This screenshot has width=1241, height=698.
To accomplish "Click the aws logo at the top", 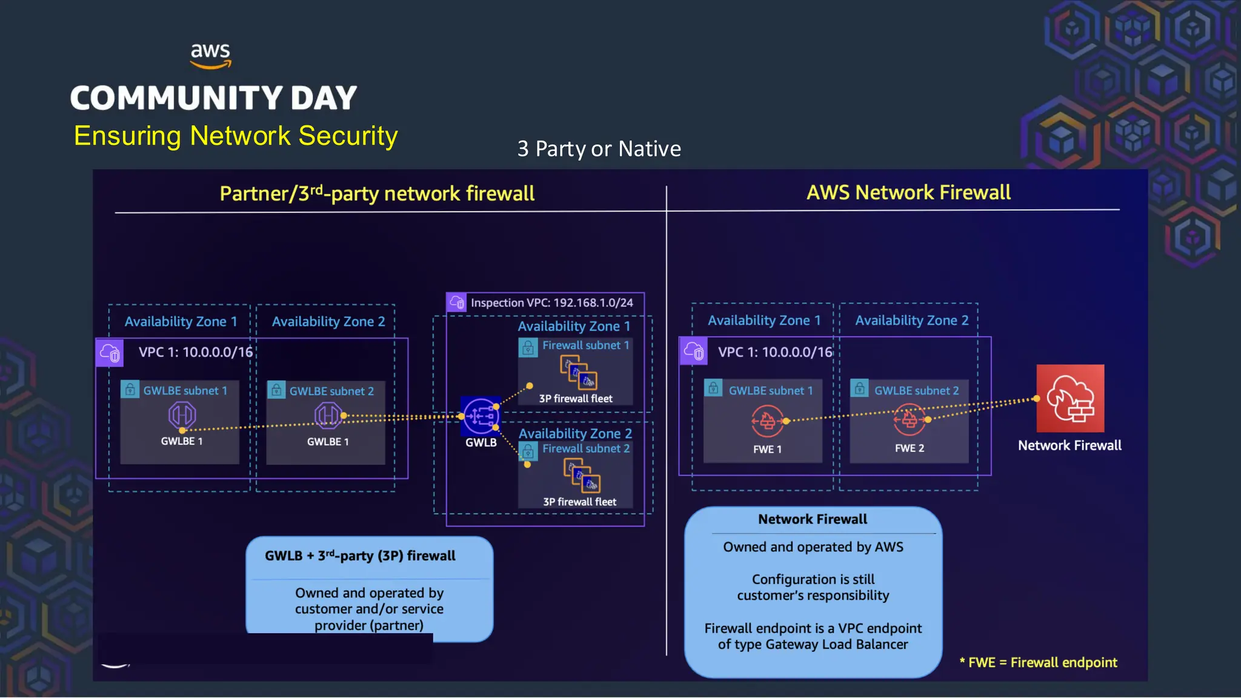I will [x=210, y=55].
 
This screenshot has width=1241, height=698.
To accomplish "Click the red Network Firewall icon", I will [x=1070, y=398].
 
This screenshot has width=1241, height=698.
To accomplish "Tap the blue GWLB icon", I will [x=481, y=416].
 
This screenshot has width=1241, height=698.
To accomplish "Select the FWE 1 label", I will [x=767, y=450].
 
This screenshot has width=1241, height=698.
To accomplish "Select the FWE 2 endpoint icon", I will [x=910, y=419].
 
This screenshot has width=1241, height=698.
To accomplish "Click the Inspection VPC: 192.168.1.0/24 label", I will [x=551, y=302].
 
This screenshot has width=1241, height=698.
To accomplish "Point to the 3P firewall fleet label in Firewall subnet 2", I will [x=579, y=502].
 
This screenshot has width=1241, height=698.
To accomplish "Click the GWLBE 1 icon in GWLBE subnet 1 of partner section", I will [x=182, y=416].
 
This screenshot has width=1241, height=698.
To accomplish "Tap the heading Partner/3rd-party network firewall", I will [x=377, y=193].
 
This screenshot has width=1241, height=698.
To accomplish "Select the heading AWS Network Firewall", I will [x=908, y=192].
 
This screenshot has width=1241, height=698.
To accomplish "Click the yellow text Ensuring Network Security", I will [x=236, y=136].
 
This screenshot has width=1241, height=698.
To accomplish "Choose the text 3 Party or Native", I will [x=599, y=148].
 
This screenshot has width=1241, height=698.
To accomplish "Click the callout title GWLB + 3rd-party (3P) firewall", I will [x=360, y=556].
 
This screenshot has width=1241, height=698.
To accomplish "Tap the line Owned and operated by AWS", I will [x=813, y=547].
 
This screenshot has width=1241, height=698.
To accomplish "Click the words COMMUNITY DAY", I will [x=213, y=98].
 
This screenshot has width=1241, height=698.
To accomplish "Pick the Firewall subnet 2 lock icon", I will [x=528, y=451].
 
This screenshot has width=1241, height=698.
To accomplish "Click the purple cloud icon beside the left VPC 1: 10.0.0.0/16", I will [x=110, y=353].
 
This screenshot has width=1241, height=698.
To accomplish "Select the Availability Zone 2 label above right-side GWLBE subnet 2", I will [x=911, y=320].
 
